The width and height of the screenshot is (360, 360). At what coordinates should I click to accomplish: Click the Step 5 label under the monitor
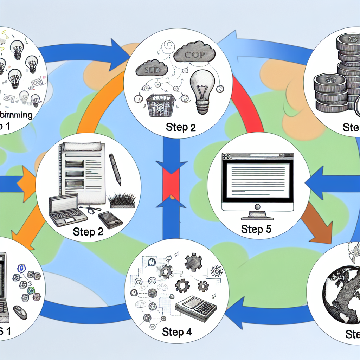[256, 230]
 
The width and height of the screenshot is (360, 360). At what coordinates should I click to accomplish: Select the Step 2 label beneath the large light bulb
[181, 127]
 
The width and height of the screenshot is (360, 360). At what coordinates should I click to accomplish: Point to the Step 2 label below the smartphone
[89, 232]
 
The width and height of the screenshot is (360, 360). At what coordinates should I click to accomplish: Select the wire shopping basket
[160, 104]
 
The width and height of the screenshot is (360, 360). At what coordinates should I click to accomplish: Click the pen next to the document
[115, 169]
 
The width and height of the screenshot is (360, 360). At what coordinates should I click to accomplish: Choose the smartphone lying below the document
[110, 219]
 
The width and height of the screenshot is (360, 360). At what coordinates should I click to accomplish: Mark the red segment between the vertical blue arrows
[171, 183]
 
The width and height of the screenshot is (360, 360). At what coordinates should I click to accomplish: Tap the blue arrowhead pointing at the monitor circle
[313, 181]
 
